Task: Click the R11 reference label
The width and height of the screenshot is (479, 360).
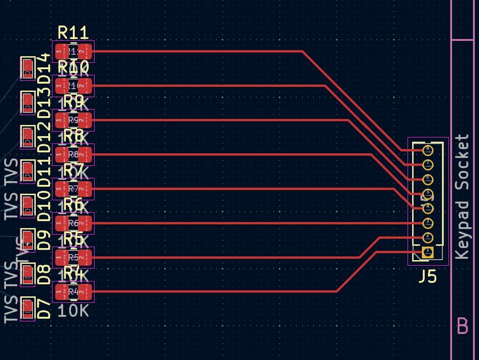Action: coord(73,33)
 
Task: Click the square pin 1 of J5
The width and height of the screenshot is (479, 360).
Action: coord(427,252)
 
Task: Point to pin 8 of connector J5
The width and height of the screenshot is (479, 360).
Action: coord(427,150)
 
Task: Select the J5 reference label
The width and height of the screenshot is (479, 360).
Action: coord(427,277)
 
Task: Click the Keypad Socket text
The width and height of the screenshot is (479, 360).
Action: coord(462,197)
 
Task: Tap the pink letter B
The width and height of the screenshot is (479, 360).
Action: coord(462,326)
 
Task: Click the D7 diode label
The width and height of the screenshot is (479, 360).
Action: coord(44,309)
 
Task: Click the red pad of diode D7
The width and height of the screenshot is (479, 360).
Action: coord(28,308)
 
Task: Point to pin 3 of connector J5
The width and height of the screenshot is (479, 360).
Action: coord(427,223)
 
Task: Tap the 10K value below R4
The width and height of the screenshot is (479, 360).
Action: coord(73,310)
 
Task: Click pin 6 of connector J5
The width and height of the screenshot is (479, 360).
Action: coord(427,179)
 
